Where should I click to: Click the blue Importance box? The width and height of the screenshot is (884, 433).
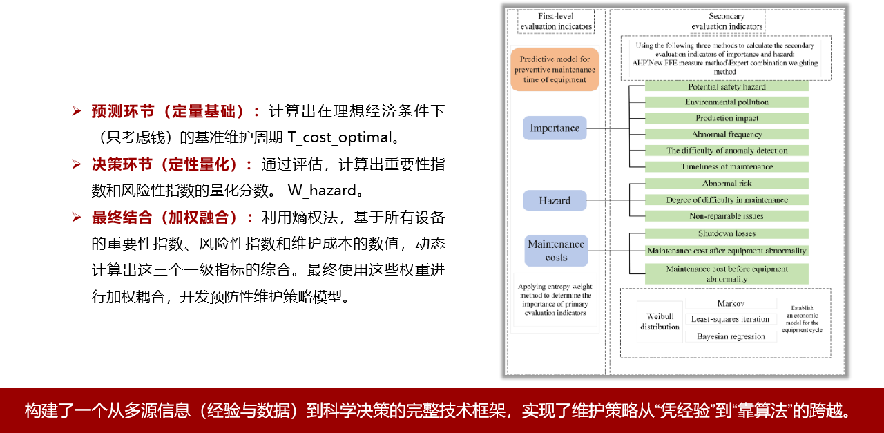pyautogui.click(x=555, y=128)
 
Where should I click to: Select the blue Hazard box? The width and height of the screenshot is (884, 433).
pyautogui.click(x=555, y=200)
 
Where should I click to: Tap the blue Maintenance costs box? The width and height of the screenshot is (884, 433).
pyautogui.click(x=556, y=251)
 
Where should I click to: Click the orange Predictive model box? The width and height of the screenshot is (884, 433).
pyautogui.click(x=555, y=69)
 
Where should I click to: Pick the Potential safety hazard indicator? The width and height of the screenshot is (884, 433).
pyautogui.click(x=727, y=87)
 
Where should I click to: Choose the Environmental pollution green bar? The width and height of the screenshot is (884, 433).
pyautogui.click(x=727, y=102)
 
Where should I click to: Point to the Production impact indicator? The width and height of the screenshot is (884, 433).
pyautogui.click(x=727, y=118)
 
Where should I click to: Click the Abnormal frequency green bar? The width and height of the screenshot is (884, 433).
pyautogui.click(x=727, y=135)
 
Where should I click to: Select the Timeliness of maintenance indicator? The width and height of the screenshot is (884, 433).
pyautogui.click(x=727, y=166)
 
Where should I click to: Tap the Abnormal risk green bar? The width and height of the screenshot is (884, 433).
pyautogui.click(x=727, y=184)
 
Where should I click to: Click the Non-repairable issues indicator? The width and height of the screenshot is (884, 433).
pyautogui.click(x=727, y=216)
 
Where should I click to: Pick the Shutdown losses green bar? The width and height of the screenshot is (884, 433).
pyautogui.click(x=727, y=233)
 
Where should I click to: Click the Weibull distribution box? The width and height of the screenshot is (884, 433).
pyautogui.click(x=660, y=322)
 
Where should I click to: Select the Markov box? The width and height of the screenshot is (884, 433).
pyautogui.click(x=731, y=304)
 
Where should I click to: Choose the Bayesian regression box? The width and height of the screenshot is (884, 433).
pyautogui.click(x=731, y=336)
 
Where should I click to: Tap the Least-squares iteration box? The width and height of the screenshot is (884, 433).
pyautogui.click(x=731, y=319)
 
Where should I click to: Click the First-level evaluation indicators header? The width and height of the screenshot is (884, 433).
pyautogui.click(x=556, y=21)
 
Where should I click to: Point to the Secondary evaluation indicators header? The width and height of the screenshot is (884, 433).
pyautogui.click(x=727, y=21)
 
